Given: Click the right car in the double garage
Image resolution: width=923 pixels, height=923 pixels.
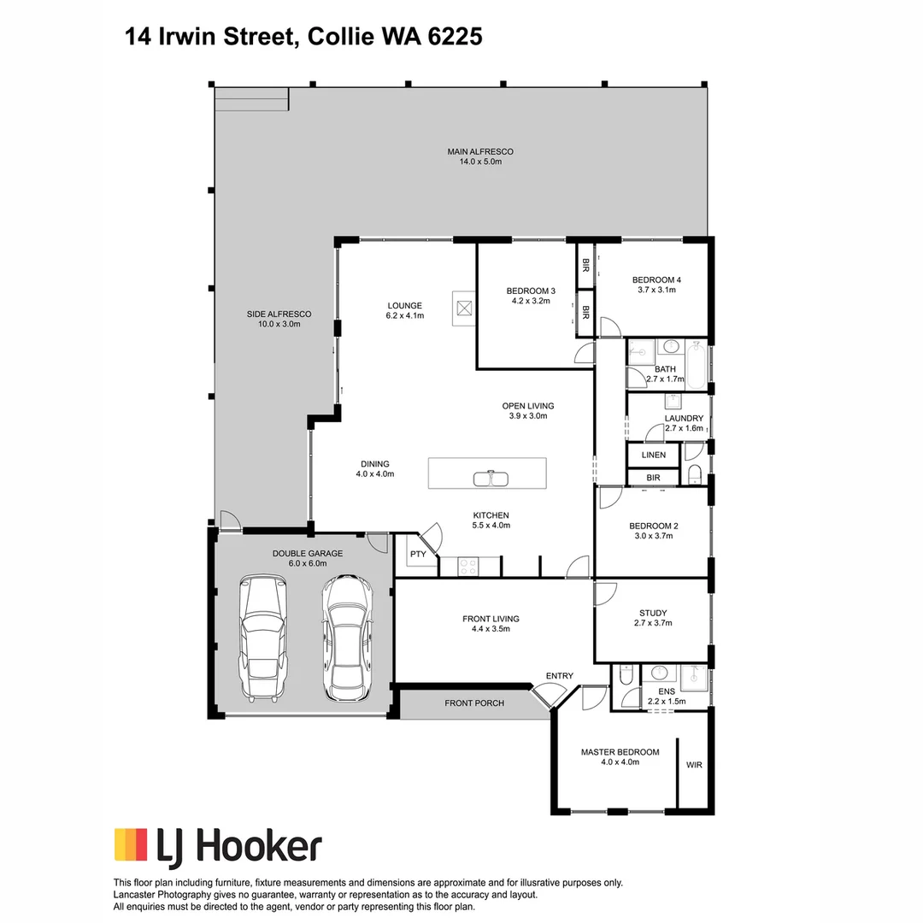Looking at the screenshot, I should (x=347, y=637).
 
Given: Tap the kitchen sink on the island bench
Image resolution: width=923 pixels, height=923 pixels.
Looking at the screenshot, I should (x=491, y=478).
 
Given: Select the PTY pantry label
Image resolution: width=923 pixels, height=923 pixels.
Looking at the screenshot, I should (x=417, y=555).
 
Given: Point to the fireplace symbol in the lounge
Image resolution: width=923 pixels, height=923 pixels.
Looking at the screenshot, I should (x=464, y=309).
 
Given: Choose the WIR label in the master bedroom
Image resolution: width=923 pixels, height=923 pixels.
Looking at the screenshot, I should (x=693, y=765).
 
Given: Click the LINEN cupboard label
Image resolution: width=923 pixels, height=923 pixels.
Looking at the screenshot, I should (x=653, y=455).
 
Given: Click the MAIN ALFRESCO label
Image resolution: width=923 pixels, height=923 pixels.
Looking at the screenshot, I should (x=480, y=152).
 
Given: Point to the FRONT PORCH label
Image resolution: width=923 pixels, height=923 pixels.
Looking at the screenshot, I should (x=474, y=703).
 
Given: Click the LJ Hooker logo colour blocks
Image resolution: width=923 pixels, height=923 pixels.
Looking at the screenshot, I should (x=131, y=844).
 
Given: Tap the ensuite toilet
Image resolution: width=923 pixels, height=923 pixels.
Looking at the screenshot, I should (x=626, y=676).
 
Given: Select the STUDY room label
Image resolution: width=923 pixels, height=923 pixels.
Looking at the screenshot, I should (x=653, y=613).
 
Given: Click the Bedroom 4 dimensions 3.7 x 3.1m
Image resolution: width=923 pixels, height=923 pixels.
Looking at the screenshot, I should (x=656, y=290).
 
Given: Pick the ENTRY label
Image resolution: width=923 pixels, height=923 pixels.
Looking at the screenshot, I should (x=560, y=676).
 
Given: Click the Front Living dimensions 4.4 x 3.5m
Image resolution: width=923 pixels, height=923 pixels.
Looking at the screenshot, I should (x=491, y=629).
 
